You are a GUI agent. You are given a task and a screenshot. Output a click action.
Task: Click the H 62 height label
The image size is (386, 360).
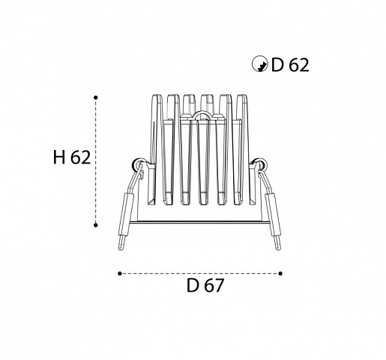(x=72, y=157)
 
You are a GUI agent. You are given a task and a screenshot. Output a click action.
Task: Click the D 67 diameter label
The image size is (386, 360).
(x=205, y=285)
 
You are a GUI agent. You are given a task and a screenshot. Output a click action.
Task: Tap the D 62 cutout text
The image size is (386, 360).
(x=290, y=64)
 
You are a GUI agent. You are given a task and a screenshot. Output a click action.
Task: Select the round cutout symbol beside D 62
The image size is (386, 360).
(x=260, y=64)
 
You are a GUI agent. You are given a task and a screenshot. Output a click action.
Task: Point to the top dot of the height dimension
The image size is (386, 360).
(x=96, y=97)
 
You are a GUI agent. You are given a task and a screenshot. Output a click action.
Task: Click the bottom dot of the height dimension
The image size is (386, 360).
(x=96, y=225)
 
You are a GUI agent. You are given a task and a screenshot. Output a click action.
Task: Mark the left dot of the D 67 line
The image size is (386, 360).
(x=120, y=274)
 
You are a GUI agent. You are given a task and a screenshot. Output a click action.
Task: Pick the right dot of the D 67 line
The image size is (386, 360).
(x=280, y=274)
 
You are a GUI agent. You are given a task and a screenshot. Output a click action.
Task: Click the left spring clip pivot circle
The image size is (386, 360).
(x=138, y=164)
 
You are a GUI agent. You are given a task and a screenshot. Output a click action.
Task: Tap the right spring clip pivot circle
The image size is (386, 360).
(x=261, y=164)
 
